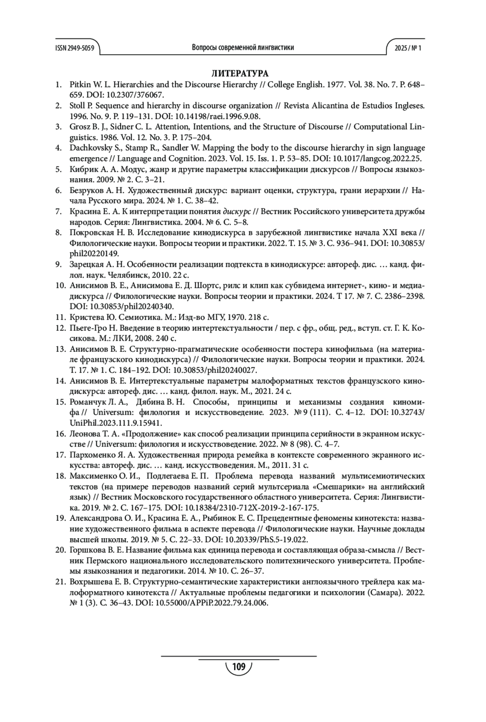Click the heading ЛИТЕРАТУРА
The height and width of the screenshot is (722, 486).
click(240, 74)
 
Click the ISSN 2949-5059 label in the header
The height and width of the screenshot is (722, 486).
click(75, 48)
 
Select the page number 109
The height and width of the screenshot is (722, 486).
click(239, 667)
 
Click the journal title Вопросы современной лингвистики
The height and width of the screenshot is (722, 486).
click(243, 48)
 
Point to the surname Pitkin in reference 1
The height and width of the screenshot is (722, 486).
click(80, 85)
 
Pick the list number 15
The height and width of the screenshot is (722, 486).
click(61, 402)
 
